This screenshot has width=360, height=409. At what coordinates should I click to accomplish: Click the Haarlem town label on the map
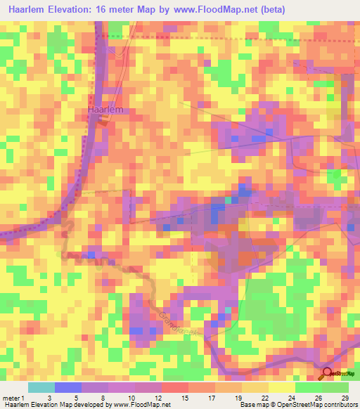pyautogui.click(x=105, y=110)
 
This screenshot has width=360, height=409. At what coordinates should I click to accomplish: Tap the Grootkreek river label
pyautogui.click(x=181, y=319)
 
